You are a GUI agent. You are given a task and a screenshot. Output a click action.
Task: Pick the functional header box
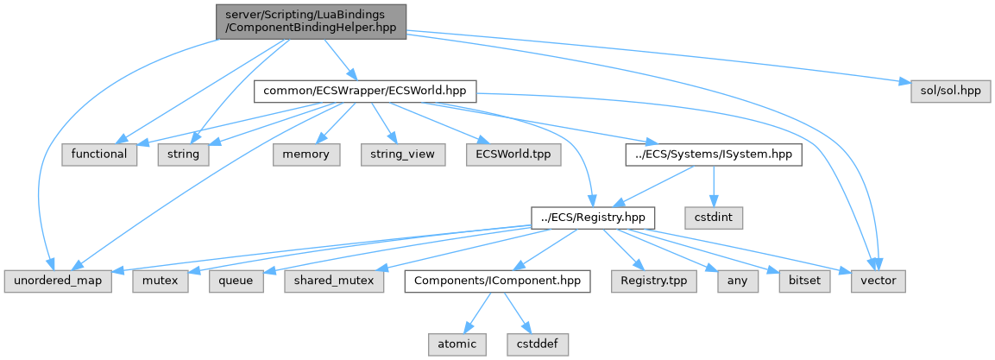point(99,155)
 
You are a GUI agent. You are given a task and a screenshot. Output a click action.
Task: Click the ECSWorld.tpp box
point(513,155)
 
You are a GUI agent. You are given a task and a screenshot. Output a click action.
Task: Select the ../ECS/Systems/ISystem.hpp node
point(714,155)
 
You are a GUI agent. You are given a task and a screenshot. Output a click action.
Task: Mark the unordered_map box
point(58,281)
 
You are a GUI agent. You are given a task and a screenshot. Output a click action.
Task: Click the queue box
point(236,281)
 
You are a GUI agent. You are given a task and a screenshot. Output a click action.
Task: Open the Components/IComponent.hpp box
point(499,281)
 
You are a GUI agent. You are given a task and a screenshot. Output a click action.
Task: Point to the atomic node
point(457,344)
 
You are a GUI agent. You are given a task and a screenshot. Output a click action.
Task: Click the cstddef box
point(538,344)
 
